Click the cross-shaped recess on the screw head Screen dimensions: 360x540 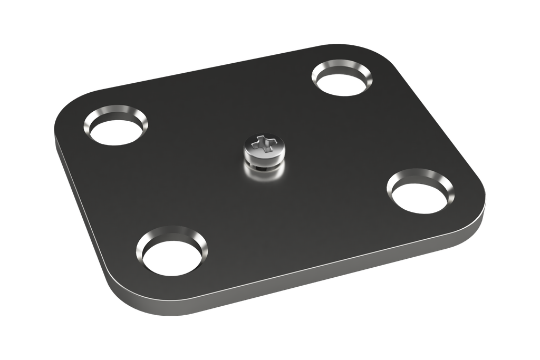click(264, 142)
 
